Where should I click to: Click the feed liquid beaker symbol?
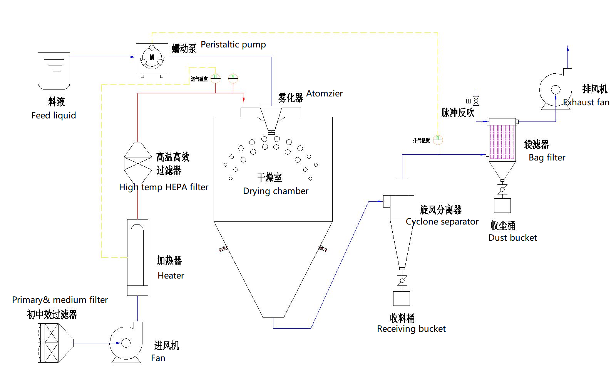54,71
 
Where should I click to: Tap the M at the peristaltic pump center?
152,57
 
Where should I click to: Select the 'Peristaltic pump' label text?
233,45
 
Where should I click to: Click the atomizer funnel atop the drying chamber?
271,118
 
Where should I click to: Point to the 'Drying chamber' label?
276,191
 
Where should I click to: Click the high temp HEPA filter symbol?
138,164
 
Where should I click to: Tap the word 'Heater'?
171,276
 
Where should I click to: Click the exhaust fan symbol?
555,90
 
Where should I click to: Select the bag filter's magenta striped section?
502,142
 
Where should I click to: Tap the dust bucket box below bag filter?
502,206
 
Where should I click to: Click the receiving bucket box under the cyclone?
402,298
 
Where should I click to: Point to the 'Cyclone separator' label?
442,222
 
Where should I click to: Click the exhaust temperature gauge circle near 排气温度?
438,140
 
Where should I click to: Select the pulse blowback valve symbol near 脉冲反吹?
476,101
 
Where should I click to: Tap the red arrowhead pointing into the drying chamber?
244,100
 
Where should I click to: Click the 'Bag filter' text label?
547,158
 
